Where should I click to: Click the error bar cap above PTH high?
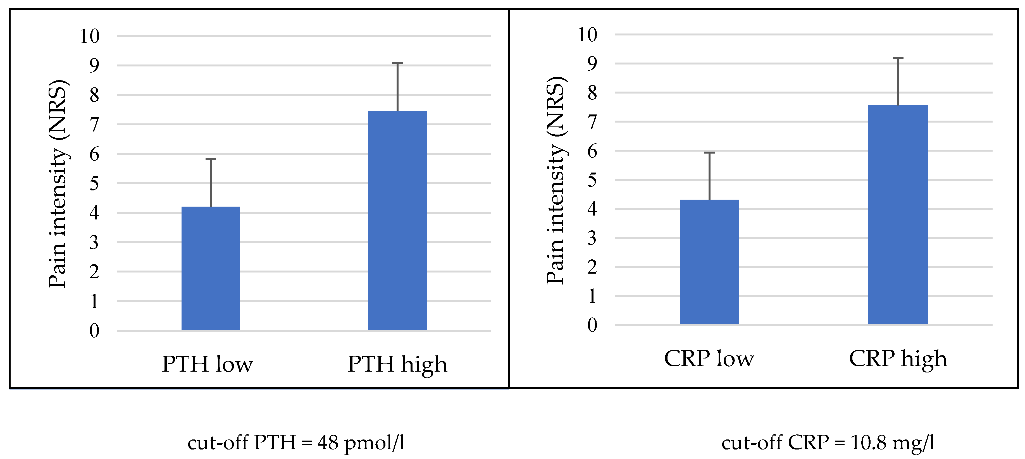[x=397, y=63]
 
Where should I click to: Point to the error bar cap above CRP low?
[x=709, y=152]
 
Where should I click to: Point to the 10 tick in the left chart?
[x=90, y=36]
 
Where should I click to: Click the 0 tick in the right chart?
[x=592, y=325]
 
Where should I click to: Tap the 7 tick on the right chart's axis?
[x=592, y=122]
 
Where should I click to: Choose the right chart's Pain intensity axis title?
[x=556, y=181]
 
